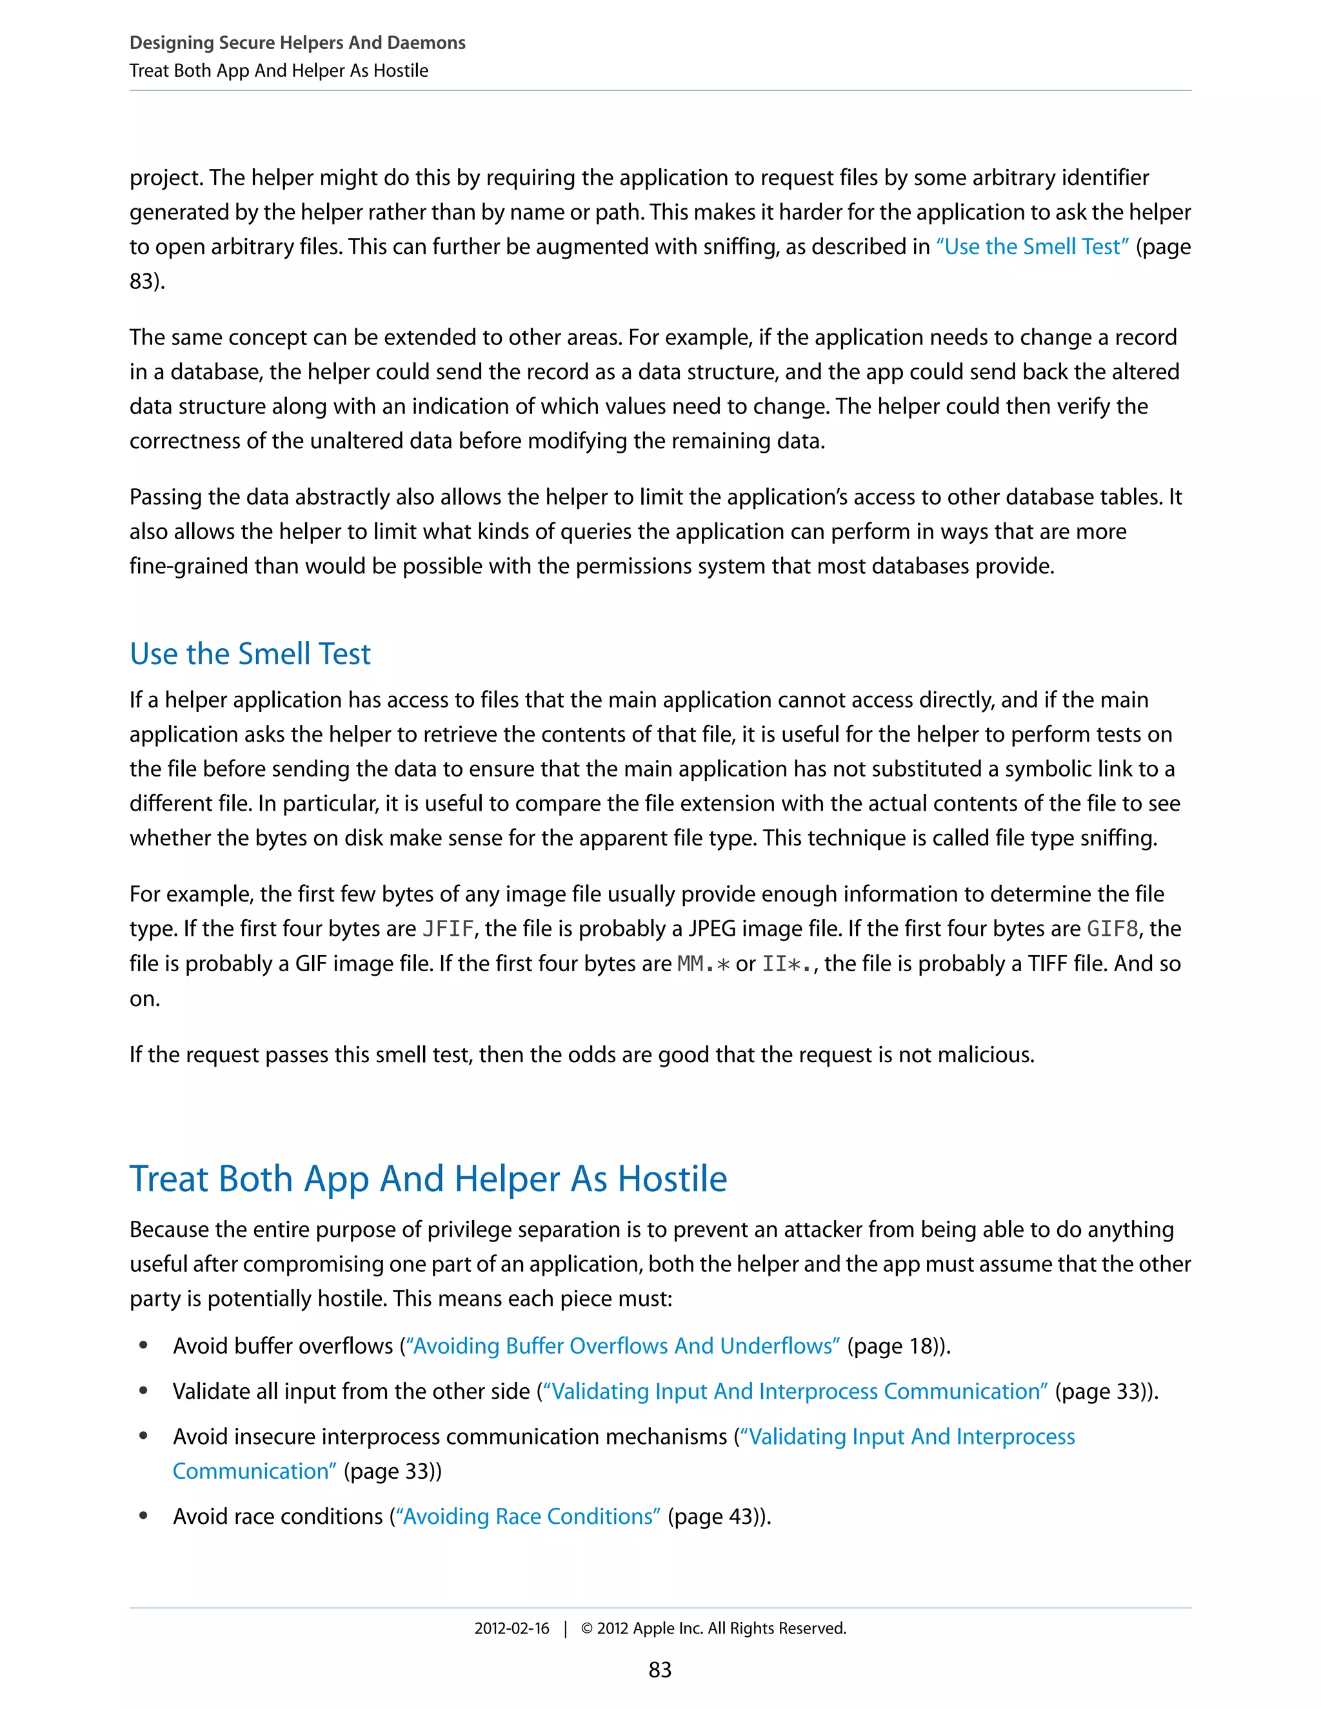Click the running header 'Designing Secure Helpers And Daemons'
(x=297, y=43)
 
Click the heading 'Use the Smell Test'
(x=250, y=654)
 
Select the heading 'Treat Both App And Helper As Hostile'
(x=428, y=1178)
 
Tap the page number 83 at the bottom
(x=660, y=1670)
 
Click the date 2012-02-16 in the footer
(x=512, y=1628)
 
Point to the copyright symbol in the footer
(x=587, y=1628)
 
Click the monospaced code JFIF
(x=448, y=929)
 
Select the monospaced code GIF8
(x=1112, y=929)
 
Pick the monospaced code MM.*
(x=703, y=963)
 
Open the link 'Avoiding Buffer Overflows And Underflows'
(x=623, y=1346)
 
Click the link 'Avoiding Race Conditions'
(x=528, y=1517)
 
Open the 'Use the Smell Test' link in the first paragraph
(x=1032, y=247)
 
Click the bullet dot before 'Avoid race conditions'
(x=143, y=1516)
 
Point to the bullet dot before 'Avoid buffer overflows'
(x=143, y=1345)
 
